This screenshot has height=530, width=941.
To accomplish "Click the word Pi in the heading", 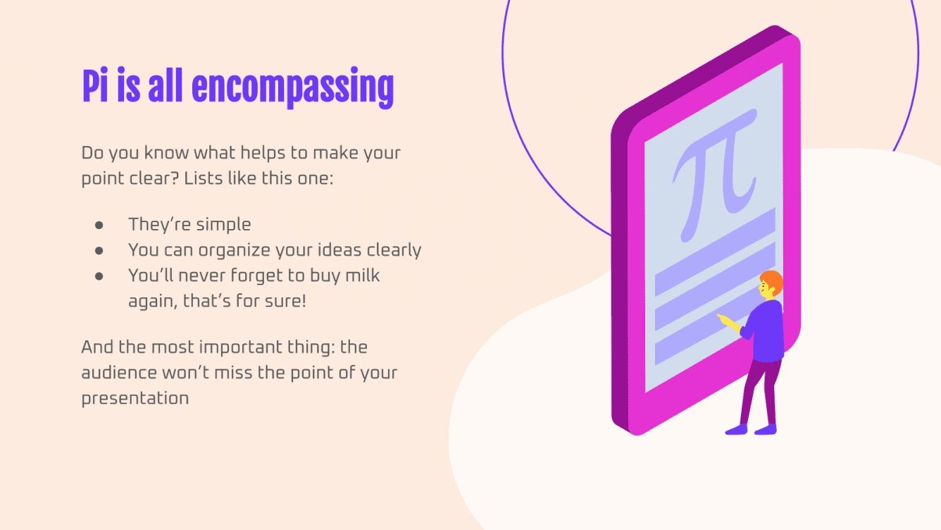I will [96, 87].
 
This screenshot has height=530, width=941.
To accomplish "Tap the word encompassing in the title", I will [292, 88].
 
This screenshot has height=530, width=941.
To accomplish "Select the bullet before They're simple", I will [99, 225].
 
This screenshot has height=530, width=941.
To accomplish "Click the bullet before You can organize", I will [99, 250].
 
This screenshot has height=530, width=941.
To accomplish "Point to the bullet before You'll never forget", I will [99, 276].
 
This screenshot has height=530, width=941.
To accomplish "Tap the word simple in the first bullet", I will [223, 225].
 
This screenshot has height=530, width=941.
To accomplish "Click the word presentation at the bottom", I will [135, 398].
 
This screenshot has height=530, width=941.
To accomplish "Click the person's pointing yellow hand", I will [723, 319].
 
